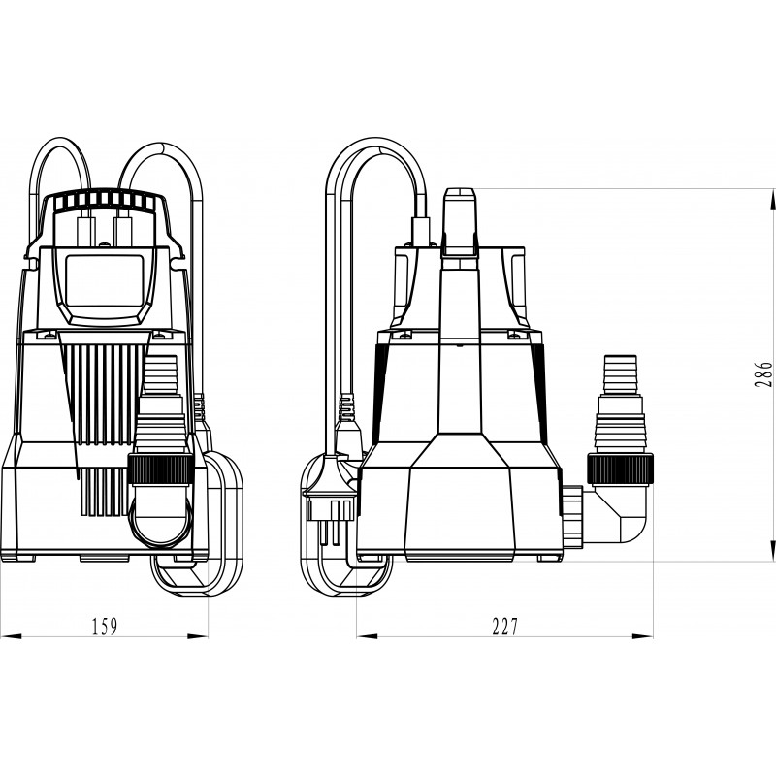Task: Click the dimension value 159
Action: [105, 626]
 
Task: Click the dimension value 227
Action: [504, 626]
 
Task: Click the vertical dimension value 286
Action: [763, 374]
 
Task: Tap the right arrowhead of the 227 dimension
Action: [642, 636]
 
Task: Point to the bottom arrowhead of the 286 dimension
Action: [772, 551]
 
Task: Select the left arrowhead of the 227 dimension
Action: [368, 636]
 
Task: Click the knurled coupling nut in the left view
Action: [161, 469]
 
